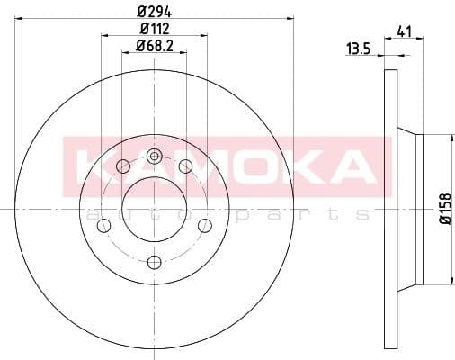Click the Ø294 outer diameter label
[154, 12]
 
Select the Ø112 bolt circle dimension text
[154, 30]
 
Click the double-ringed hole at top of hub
[154, 157]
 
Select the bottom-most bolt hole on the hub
[154, 262]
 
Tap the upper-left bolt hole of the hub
[122, 166]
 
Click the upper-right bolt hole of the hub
[185, 166]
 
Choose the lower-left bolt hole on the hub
[103, 224]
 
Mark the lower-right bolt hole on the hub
[205, 224]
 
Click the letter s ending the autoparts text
[361, 214]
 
